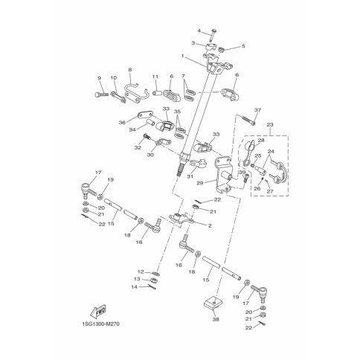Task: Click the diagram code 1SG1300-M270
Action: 100,324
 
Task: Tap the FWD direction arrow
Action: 97,311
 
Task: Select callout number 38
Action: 216,319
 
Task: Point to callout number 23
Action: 270,124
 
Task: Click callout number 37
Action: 258,110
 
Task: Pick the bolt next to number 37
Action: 247,120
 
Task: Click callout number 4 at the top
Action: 199,30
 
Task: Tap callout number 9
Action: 100,78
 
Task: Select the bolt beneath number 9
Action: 102,94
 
